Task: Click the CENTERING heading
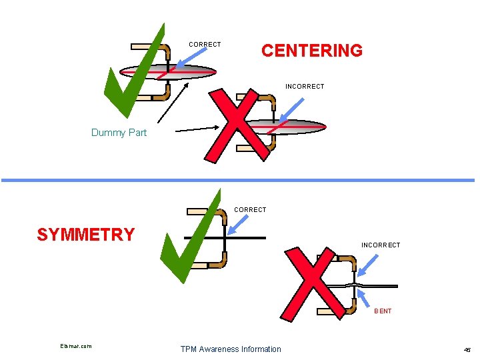312,51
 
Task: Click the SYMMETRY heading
86,235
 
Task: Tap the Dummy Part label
119,133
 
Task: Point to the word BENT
383,311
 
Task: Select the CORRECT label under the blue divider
250,210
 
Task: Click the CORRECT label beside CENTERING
205,45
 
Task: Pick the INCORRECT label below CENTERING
305,87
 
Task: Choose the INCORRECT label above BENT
381,245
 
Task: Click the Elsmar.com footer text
75,346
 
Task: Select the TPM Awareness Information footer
231,349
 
